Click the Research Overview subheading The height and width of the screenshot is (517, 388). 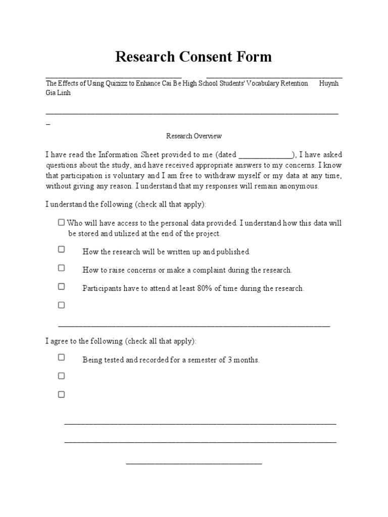click(194, 136)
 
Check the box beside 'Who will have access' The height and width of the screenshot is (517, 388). click(61, 222)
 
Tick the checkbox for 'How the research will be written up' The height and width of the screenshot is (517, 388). click(61, 249)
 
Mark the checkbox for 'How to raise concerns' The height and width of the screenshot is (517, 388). click(61, 268)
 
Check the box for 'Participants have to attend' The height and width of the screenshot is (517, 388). click(61, 286)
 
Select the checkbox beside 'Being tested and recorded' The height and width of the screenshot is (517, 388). click(61, 357)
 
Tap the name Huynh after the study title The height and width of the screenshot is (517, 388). click(329, 83)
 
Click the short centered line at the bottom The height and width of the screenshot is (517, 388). click(194, 463)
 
